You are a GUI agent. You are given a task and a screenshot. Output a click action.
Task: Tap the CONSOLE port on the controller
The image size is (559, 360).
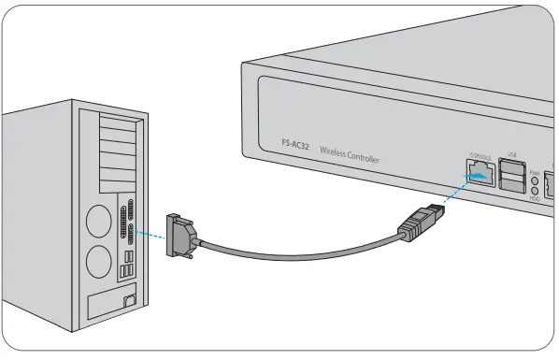click(x=479, y=173)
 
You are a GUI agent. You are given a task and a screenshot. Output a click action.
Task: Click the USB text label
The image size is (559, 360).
click(x=511, y=154)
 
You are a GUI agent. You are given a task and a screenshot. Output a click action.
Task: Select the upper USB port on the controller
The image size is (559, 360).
click(x=512, y=168)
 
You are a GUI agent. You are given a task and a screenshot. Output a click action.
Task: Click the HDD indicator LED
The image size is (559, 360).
click(x=534, y=191)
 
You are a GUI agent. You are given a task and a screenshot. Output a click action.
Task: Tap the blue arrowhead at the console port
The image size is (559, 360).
click(x=478, y=174)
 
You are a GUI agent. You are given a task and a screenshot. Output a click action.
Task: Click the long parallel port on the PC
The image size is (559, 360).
click(x=123, y=221)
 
